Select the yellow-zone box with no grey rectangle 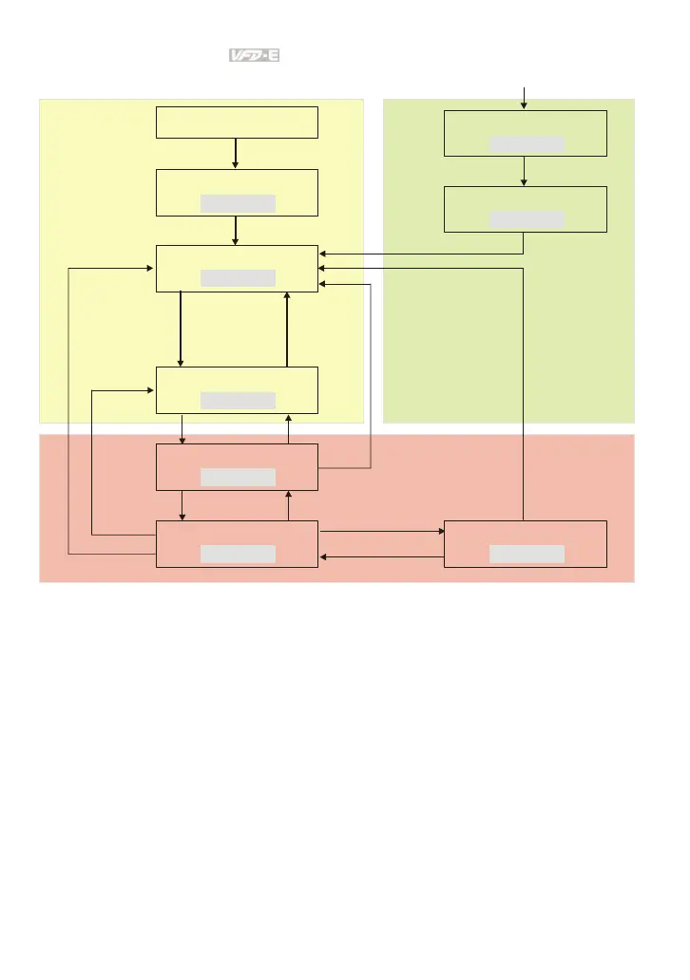click(237, 122)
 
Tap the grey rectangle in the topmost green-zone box click(527, 143)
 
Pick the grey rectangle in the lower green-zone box click(527, 219)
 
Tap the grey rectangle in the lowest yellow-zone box click(238, 400)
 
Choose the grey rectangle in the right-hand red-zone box click(527, 554)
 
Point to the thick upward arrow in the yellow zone click(287, 329)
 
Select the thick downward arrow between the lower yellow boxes click(181, 329)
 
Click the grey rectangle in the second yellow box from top click(238, 202)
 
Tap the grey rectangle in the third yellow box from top click(238, 277)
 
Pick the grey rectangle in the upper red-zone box click(238, 476)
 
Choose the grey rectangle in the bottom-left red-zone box click(238, 554)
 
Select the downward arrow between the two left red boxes click(182, 505)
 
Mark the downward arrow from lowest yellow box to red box click(182, 429)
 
